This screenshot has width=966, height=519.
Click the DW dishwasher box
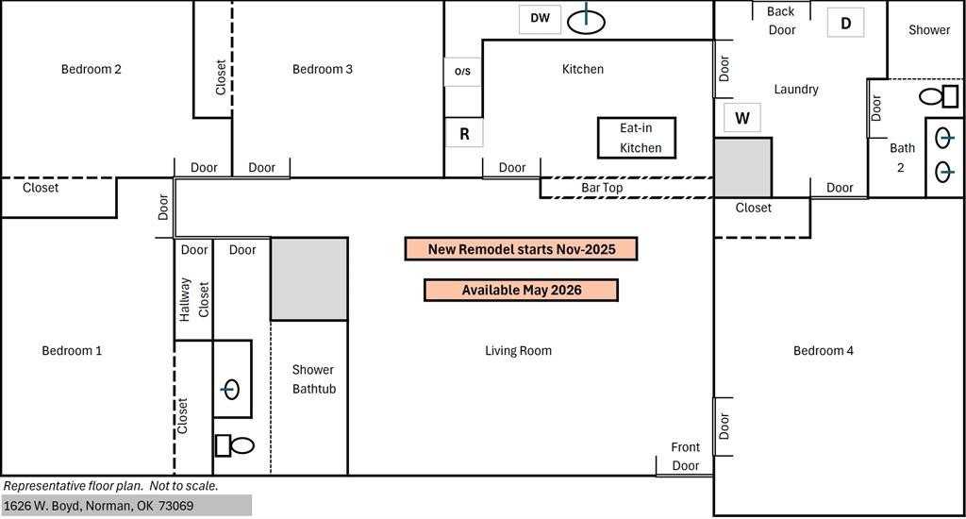pyautogui.click(x=540, y=19)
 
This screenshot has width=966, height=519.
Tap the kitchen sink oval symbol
pyautogui.click(x=586, y=22)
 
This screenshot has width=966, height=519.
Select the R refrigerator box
pyautogui.click(x=464, y=133)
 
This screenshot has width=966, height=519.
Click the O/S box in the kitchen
pyautogui.click(x=462, y=72)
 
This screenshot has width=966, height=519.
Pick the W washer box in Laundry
pyautogui.click(x=742, y=118)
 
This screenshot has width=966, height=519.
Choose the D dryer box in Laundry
pyautogui.click(x=845, y=24)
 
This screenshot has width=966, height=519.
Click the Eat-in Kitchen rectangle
pyautogui.click(x=637, y=138)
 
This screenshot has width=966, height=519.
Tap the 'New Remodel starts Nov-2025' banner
pyautogui.click(x=521, y=249)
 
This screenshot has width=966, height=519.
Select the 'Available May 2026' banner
pyautogui.click(x=521, y=291)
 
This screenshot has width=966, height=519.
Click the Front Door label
pyautogui.click(x=686, y=456)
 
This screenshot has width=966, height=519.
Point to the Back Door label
pyautogui.click(x=781, y=21)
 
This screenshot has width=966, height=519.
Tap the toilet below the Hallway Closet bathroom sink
pyautogui.click(x=234, y=445)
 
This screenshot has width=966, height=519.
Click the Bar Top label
pyautogui.click(x=602, y=188)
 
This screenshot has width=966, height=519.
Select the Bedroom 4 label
pyautogui.click(x=823, y=351)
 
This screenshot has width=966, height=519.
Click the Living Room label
pyautogui.click(x=518, y=351)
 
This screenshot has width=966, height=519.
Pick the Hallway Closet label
pyautogui.click(x=194, y=299)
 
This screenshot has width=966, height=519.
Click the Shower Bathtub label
pyautogui.click(x=313, y=379)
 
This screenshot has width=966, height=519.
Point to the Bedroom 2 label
pyautogui.click(x=92, y=69)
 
